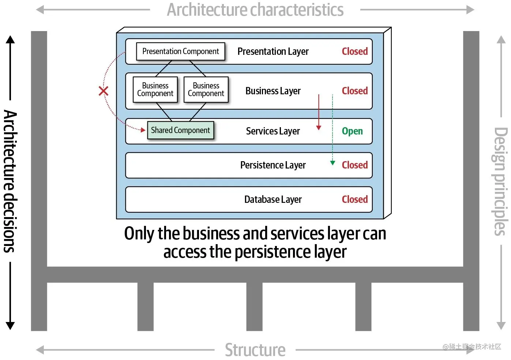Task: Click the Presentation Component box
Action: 180,52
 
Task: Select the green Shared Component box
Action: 180,130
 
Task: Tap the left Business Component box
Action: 155,90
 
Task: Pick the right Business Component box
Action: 206,90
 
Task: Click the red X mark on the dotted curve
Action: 104,91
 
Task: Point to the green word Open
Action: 352,131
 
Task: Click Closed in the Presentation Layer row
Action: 354,52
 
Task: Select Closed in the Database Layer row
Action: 354,200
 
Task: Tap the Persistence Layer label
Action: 273,165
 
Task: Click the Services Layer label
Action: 273,131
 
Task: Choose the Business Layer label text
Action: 273,91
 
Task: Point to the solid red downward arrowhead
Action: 319,127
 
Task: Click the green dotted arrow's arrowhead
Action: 332,163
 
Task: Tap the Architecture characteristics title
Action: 255,10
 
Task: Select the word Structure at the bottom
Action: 255,350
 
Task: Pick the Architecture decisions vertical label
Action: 10,181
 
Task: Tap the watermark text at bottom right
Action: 471,346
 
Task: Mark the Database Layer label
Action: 273,200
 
